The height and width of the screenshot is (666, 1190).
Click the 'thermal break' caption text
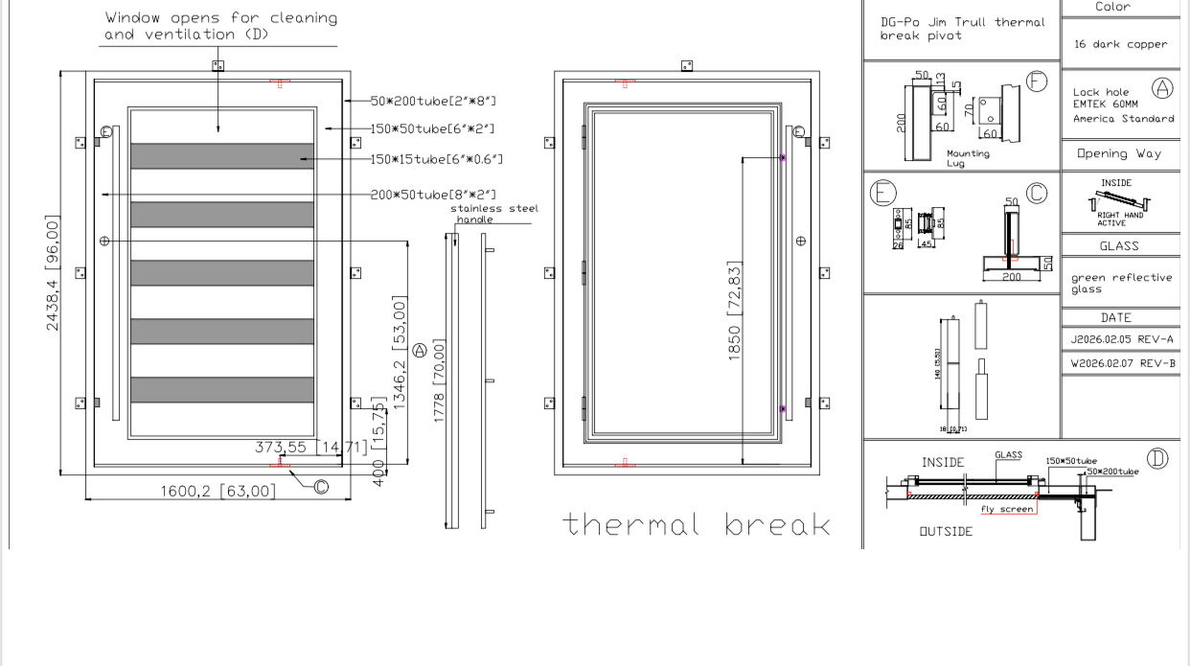click(x=697, y=525)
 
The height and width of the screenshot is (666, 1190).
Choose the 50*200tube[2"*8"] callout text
click(x=433, y=100)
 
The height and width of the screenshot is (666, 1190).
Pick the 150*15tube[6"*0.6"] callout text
click(x=437, y=158)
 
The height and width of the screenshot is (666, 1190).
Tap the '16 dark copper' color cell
click(x=1120, y=44)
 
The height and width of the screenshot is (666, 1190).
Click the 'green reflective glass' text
click(x=1121, y=283)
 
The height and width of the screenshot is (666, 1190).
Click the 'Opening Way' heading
click(x=1119, y=153)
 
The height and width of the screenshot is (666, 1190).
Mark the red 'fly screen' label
click(x=1006, y=509)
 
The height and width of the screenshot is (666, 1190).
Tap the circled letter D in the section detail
click(x=1157, y=458)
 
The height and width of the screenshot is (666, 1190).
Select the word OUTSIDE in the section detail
click(x=946, y=531)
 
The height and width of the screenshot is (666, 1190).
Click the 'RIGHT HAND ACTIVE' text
click(x=1120, y=218)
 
